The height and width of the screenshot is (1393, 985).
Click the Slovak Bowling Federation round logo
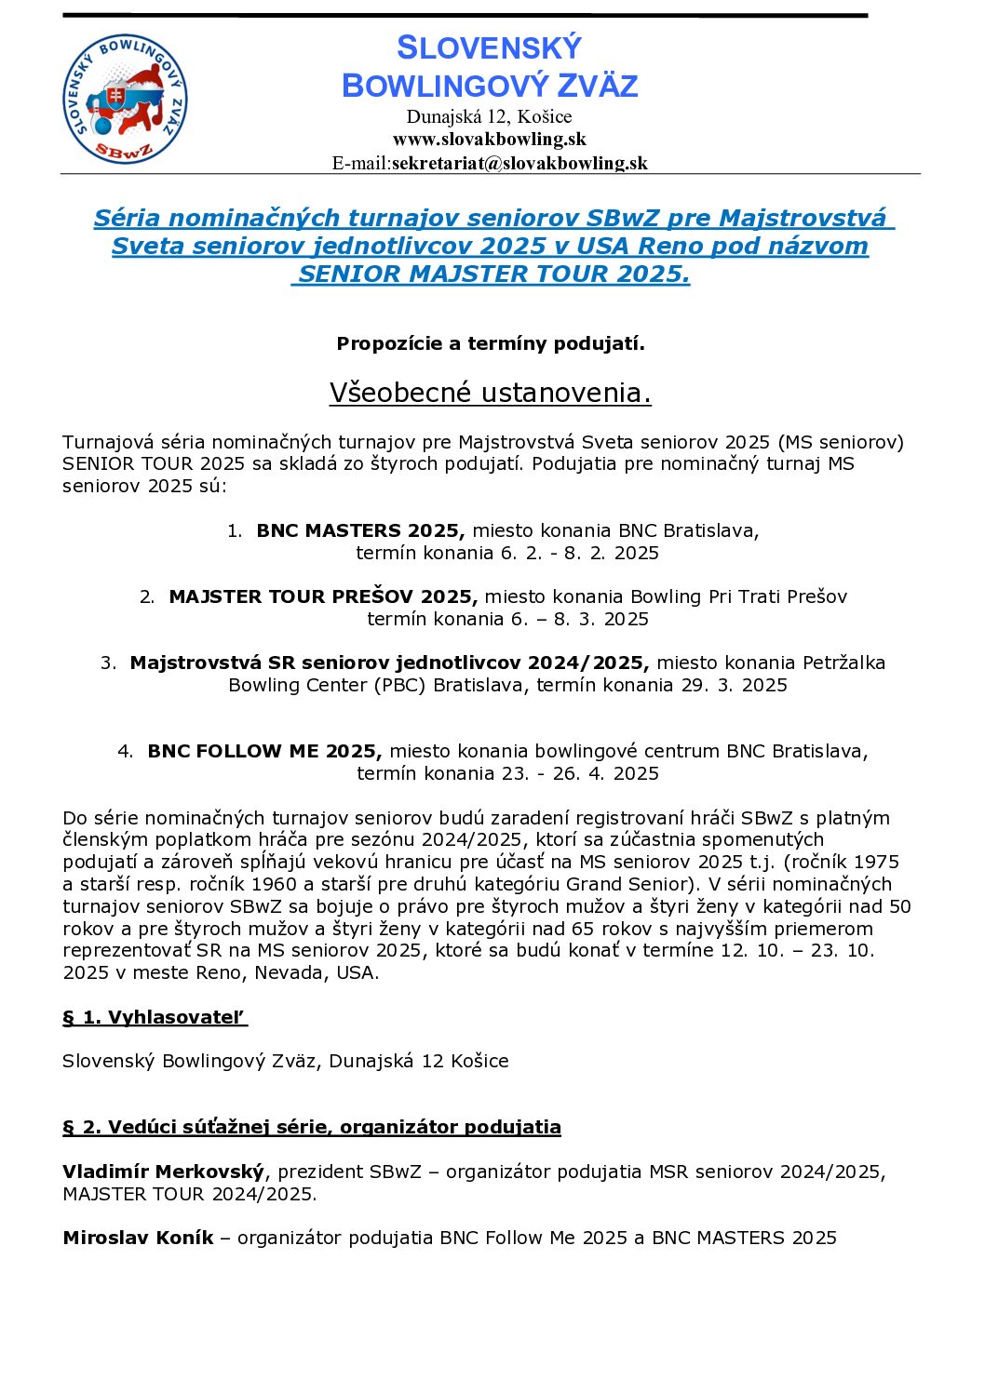click(125, 100)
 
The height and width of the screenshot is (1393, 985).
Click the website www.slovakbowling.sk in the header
click(490, 140)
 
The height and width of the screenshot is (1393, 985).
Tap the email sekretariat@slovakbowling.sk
click(519, 164)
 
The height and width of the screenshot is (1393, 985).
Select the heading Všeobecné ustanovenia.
click(490, 393)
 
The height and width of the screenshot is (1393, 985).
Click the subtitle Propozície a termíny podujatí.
click(491, 343)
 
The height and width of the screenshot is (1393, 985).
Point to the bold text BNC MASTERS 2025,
click(360, 531)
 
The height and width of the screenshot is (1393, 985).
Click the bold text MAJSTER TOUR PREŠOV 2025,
click(323, 597)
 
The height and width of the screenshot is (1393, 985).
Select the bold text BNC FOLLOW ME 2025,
click(264, 752)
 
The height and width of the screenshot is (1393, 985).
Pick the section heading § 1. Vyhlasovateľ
click(155, 1018)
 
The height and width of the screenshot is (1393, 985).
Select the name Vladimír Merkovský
click(163, 1172)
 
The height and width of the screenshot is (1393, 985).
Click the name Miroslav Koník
click(138, 1239)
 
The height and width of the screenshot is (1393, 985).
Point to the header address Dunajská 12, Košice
click(489, 117)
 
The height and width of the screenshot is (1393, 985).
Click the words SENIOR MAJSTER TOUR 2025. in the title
click(493, 275)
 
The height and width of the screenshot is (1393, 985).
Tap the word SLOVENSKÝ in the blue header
click(489, 48)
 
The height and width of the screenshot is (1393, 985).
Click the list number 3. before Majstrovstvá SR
click(108, 663)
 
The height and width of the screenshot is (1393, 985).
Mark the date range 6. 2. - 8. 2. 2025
click(580, 554)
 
